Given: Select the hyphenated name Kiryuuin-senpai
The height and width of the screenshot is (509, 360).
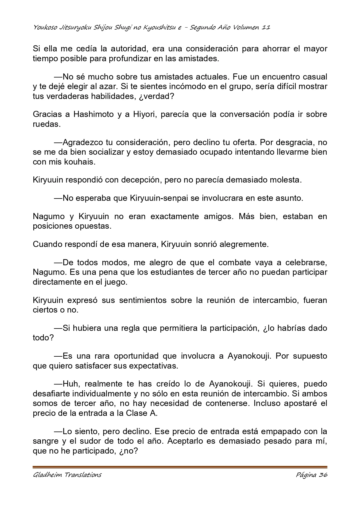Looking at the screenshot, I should coord(160,198).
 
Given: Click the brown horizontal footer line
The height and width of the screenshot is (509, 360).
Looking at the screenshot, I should coord(180,467).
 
